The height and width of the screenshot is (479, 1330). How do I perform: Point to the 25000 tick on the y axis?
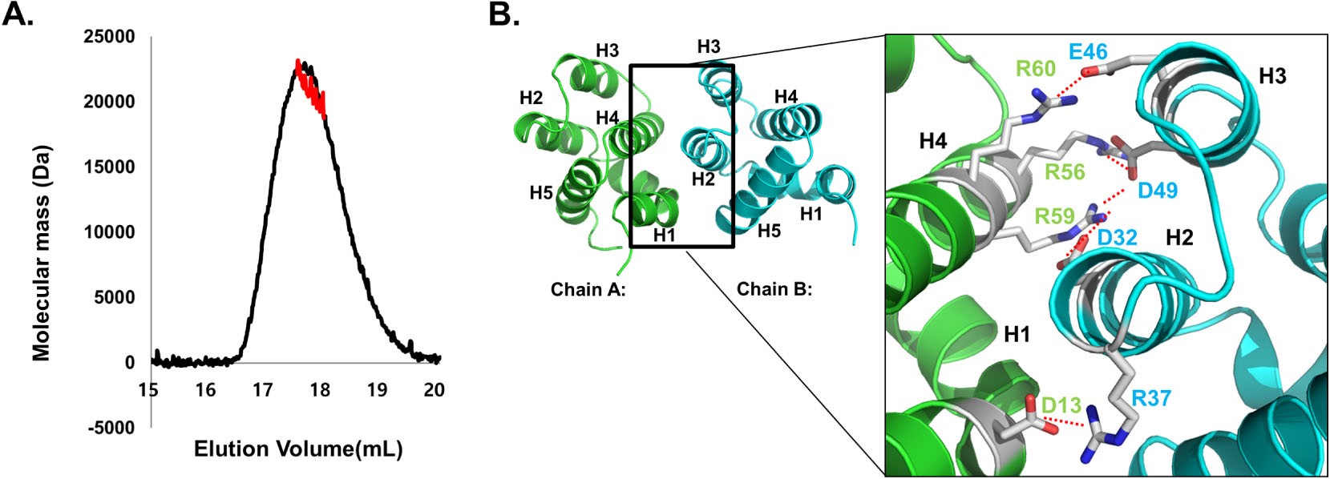109,37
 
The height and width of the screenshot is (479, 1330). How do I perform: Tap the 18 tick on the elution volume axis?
320,390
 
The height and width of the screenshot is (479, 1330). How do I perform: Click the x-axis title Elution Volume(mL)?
297,449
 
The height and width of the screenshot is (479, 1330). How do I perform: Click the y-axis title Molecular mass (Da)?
42,253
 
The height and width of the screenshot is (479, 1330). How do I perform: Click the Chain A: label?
588,289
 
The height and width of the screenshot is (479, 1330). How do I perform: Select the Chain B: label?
774,289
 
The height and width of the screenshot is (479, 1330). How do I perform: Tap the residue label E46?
1088,53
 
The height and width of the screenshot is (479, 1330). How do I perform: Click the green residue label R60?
1036,69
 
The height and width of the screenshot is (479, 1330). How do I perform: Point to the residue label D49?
1158,191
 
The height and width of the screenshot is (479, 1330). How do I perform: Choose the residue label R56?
1065,171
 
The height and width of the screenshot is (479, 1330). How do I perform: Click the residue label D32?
1117,237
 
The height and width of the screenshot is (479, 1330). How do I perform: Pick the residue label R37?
1151,397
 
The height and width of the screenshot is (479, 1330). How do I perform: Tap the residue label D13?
1061,405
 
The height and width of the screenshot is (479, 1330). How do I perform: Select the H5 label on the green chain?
540,193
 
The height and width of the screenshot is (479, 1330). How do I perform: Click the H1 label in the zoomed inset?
1017,333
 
